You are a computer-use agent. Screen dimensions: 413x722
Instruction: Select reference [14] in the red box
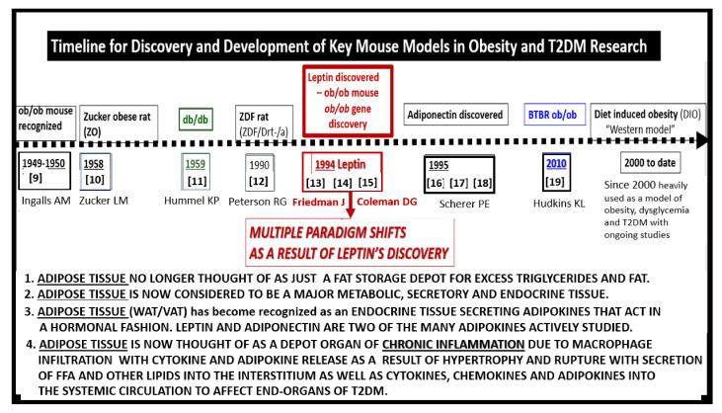tap(352, 185)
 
